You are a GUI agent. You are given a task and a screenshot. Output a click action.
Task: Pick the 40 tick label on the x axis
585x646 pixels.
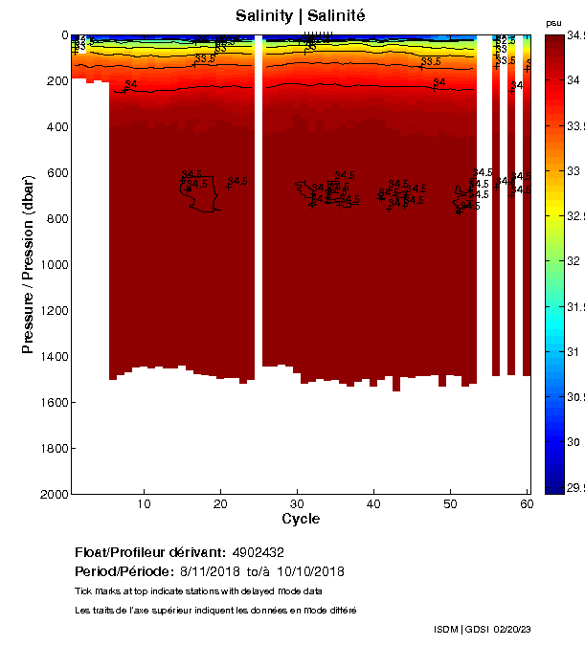pyautogui.click(x=373, y=504)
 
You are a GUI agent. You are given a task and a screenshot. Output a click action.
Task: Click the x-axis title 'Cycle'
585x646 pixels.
pyautogui.click(x=301, y=520)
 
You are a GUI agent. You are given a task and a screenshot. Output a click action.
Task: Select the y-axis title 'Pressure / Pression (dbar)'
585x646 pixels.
pyautogui.click(x=28, y=264)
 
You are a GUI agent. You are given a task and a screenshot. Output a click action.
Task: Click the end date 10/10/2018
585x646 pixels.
pyautogui.click(x=310, y=571)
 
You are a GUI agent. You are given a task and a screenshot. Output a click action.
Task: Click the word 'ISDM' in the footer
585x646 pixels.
pyautogui.click(x=447, y=629)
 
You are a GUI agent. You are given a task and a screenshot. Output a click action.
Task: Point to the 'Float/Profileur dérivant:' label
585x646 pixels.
pyautogui.click(x=149, y=553)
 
